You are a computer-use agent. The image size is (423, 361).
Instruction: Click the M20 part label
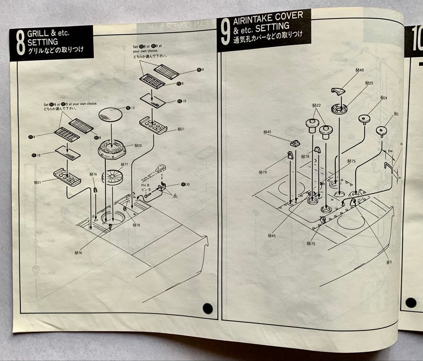(138, 145)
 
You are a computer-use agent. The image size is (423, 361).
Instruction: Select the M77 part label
(124, 165)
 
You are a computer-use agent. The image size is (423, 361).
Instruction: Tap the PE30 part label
(185, 184)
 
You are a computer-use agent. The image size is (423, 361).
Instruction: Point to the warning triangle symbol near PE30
(175, 195)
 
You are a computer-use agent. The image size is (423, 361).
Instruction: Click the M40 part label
(359, 70)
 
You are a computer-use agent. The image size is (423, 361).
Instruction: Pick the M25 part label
(369, 83)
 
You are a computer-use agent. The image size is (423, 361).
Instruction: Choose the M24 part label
(383, 98)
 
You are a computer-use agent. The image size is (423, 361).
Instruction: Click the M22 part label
(316, 106)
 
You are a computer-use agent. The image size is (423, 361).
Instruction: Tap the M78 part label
(305, 156)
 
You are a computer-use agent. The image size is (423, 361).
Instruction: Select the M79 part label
(262, 172)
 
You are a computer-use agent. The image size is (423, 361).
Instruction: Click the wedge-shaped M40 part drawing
(338, 91)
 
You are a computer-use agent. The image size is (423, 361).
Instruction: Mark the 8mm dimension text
(390, 151)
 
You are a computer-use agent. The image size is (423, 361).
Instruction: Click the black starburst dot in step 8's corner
(208, 308)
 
